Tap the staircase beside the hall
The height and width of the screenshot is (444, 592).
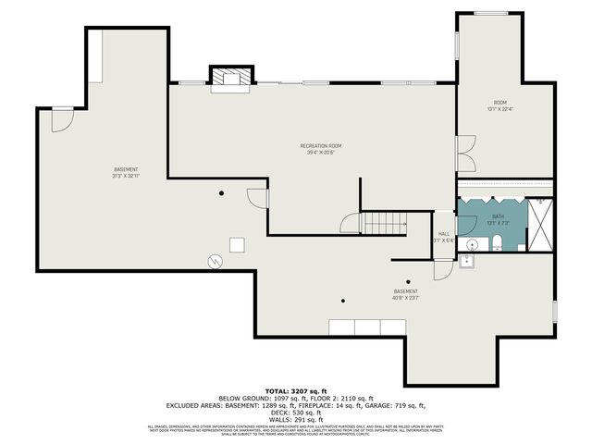point(383,222)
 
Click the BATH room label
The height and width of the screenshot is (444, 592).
point(498,218)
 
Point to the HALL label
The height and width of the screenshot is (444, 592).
point(444,237)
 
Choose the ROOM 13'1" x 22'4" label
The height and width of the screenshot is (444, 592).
point(499,105)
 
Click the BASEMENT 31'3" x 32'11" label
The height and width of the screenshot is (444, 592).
point(126,172)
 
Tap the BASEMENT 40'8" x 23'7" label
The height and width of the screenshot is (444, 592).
point(405,294)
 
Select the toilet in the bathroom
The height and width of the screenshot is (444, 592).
point(497,243)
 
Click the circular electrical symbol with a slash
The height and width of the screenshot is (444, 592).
point(215,262)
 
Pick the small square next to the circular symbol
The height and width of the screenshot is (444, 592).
point(237,244)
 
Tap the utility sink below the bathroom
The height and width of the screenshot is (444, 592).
point(467,261)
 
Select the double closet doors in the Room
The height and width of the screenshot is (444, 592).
point(464,154)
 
